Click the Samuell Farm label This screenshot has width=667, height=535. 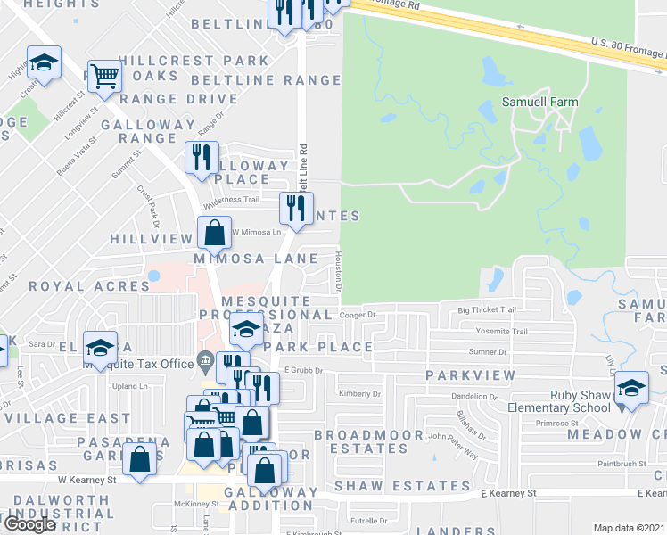tap(539, 102)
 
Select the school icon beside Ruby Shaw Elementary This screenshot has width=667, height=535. tap(631, 388)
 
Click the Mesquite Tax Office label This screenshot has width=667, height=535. tap(138, 363)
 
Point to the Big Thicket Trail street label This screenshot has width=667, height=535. tap(487, 310)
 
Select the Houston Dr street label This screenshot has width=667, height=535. tap(339, 270)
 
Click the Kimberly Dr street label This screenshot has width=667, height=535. tap(359, 393)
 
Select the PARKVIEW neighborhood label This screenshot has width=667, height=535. tap(470, 375)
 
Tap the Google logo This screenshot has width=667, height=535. tap(29, 524)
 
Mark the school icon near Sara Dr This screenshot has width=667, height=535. tap(100, 348)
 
